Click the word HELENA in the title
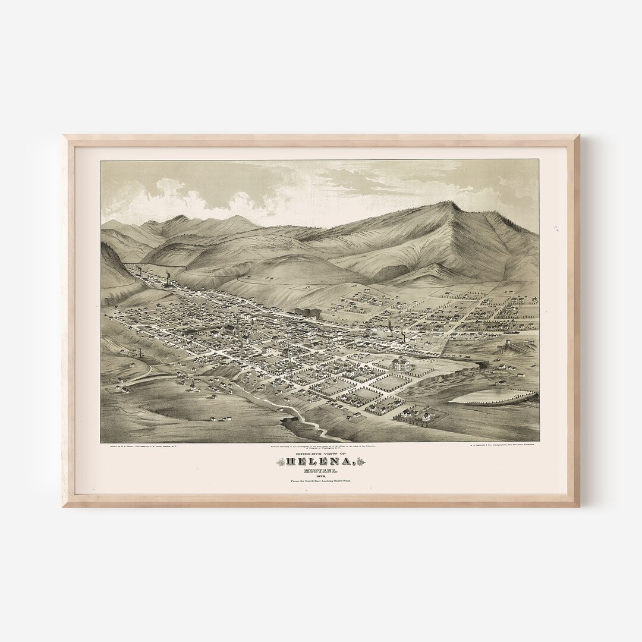coord(322,462)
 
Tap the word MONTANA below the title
coord(322,471)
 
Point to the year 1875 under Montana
coord(322,479)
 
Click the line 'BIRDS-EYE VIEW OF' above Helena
coord(322,452)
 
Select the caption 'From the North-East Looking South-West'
coord(322,486)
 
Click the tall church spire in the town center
coord(237,324)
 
